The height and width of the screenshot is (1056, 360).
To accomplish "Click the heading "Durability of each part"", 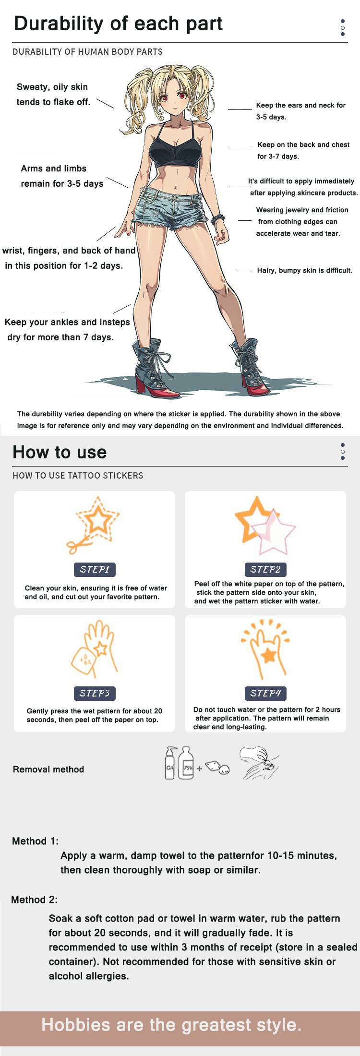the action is pyautogui.click(x=118, y=24).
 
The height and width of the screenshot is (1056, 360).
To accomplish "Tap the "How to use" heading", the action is pyautogui.click(x=60, y=452).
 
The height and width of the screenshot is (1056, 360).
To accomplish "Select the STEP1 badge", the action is pyautogui.click(x=95, y=570).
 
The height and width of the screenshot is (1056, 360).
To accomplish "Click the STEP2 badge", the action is pyautogui.click(x=265, y=570).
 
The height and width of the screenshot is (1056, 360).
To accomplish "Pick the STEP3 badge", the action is pyautogui.click(x=95, y=693).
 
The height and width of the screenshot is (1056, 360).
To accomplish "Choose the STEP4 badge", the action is pyautogui.click(x=265, y=693).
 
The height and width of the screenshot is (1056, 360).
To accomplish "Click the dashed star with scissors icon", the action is pyautogui.click(x=94, y=524).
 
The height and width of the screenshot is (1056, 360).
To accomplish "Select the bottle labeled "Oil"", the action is pyautogui.click(x=170, y=763).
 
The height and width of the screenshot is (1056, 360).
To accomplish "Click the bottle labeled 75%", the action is pyautogui.click(x=186, y=763).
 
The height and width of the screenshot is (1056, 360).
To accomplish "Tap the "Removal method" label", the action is pyautogui.click(x=48, y=769).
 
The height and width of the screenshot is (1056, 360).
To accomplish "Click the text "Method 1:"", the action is pyautogui.click(x=35, y=841).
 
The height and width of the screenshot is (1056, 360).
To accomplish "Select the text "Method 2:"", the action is pyautogui.click(x=35, y=900).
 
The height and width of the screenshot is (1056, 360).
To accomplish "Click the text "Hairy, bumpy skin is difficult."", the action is pyautogui.click(x=305, y=270).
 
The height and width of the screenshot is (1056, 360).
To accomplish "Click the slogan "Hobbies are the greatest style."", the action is pyautogui.click(x=171, y=1025).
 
